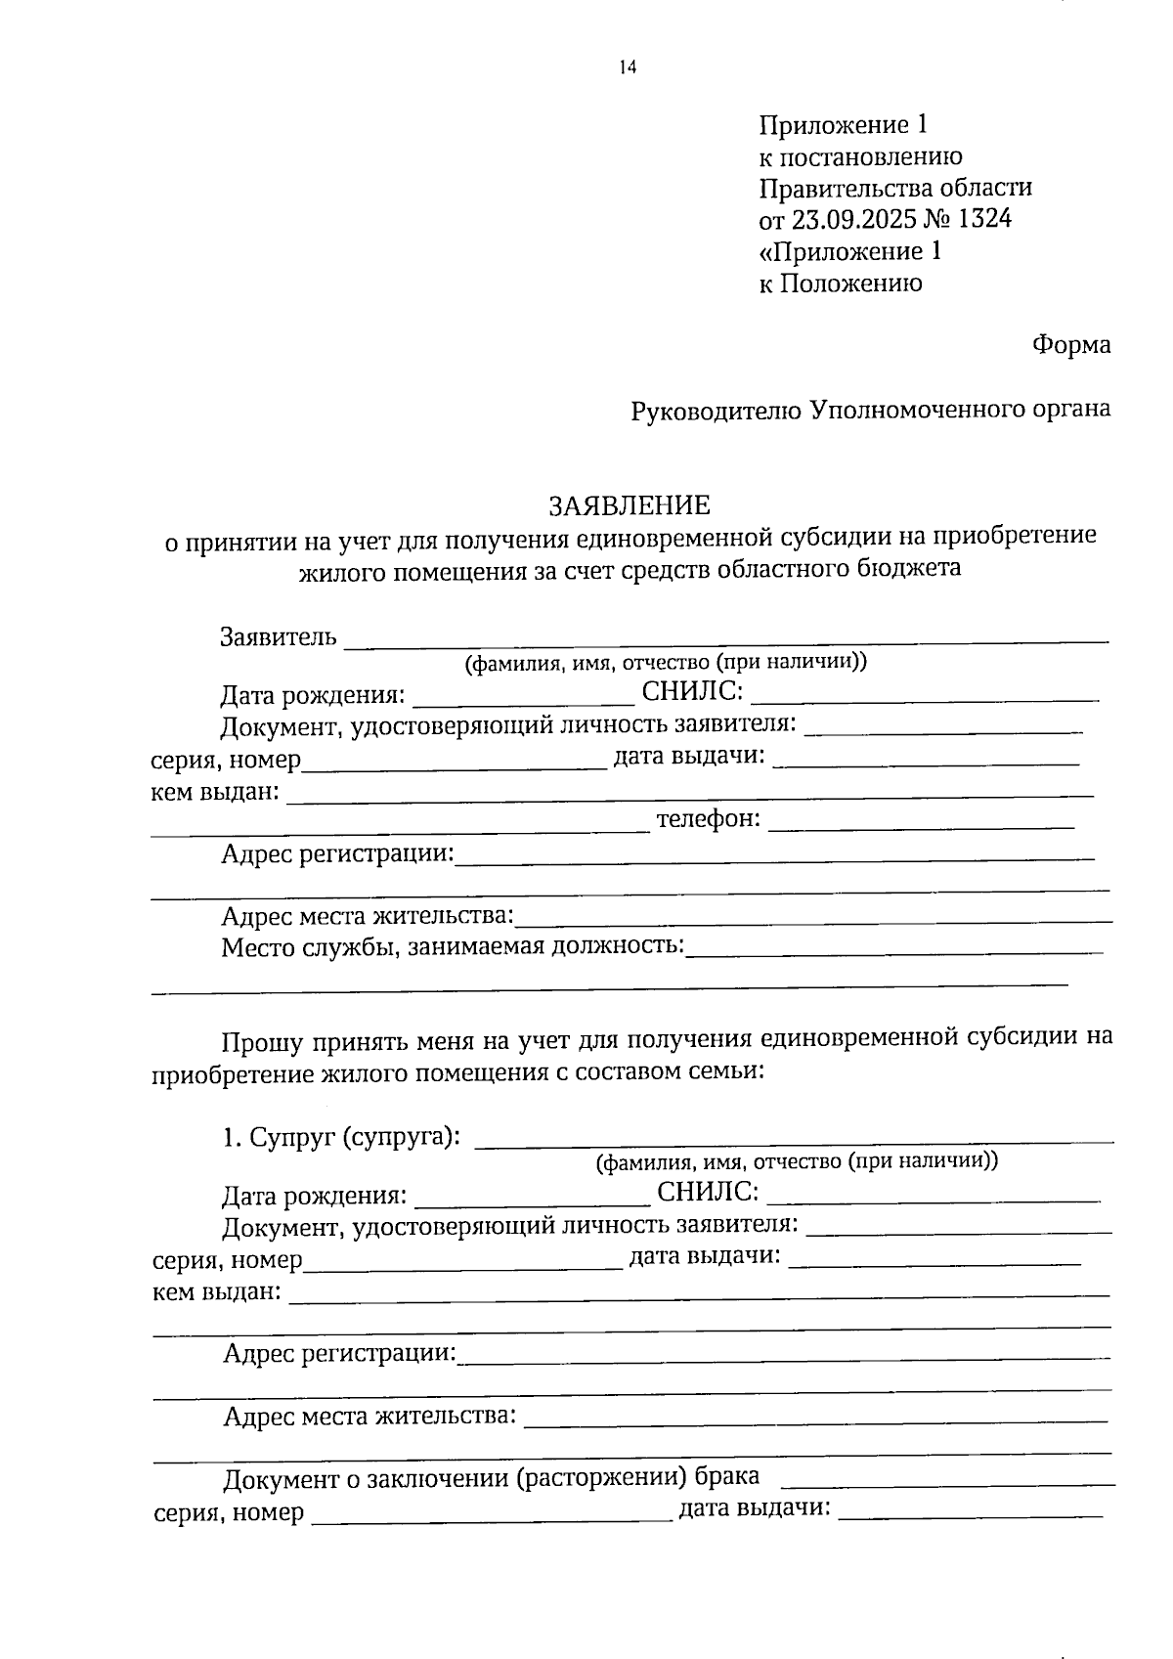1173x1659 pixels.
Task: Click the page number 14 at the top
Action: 627,67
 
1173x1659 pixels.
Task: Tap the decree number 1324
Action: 984,219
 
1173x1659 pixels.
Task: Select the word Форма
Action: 1070,345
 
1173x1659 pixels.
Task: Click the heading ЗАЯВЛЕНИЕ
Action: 629,505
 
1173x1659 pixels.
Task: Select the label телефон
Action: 708,819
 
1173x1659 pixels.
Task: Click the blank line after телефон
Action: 921,827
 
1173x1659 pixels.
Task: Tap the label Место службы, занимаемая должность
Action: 453,946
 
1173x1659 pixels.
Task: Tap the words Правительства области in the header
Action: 895,188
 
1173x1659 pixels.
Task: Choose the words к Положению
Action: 841,284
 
